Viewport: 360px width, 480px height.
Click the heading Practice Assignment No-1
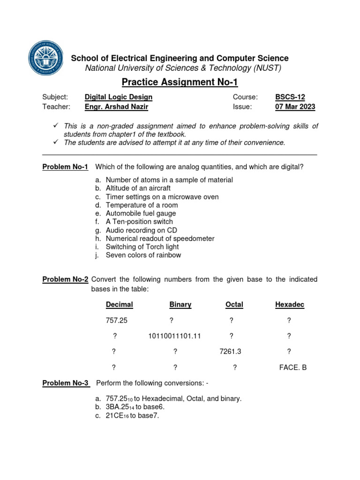tap(180, 82)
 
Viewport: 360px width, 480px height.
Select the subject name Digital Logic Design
tap(118, 97)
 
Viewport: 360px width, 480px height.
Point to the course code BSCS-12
tap(290, 97)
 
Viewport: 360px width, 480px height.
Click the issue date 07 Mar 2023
tap(295, 106)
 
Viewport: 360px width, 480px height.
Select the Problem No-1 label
tap(65, 167)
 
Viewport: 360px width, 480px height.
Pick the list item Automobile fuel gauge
tap(141, 213)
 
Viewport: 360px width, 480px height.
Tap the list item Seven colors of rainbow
tap(143, 255)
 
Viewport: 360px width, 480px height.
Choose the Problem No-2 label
tap(65, 279)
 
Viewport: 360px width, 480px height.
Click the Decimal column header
tap(120, 305)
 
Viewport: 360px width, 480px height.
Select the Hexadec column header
tap(290, 305)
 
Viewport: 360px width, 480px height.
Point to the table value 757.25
tap(117, 321)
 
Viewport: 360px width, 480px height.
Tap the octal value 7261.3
tap(230, 352)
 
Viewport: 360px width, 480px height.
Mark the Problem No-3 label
tap(65, 383)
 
